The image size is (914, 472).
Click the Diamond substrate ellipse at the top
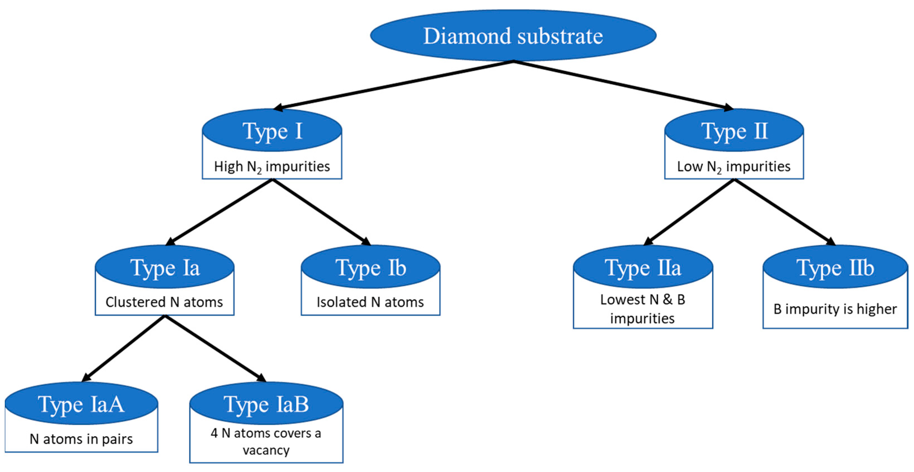pyautogui.click(x=513, y=36)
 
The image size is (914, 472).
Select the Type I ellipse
pyautogui.click(x=272, y=131)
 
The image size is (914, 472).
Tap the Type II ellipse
pyautogui.click(x=734, y=131)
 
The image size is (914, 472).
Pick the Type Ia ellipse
pyautogui.click(x=165, y=267)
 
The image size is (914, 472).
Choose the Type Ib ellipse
pyautogui.click(x=370, y=267)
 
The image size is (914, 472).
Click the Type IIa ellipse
pyautogui.click(x=643, y=267)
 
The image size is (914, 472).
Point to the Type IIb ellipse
pyautogui.click(x=835, y=267)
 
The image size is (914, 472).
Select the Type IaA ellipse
pyautogui.click(x=81, y=403)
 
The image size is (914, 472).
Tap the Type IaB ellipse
pyautogui.click(x=266, y=403)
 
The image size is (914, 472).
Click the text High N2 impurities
pyautogui.click(x=272, y=166)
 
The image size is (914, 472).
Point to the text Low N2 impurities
pyautogui.click(x=734, y=166)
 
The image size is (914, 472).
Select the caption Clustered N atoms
pyautogui.click(x=164, y=302)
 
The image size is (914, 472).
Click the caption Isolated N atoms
pyautogui.click(x=370, y=302)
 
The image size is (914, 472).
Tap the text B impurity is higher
pyautogui.click(x=835, y=309)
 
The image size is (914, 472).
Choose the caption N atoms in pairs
pyautogui.click(x=81, y=439)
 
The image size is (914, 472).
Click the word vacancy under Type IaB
pyautogui.click(x=266, y=450)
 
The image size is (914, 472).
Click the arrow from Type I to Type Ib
pyautogui.click(x=321, y=212)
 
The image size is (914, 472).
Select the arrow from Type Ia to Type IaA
pyautogui.click(x=124, y=348)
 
